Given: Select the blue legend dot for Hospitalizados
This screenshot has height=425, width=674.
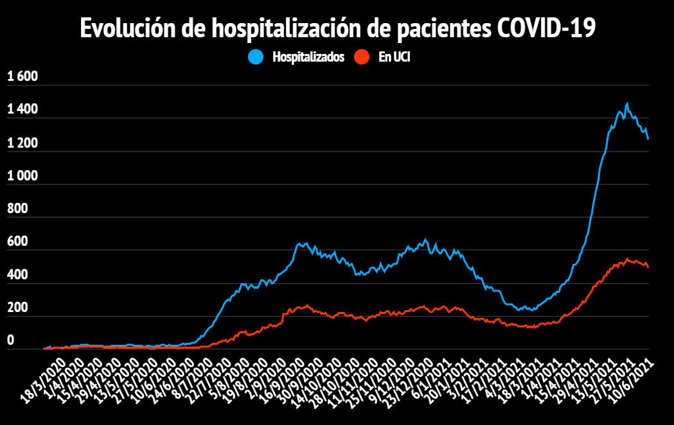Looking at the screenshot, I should pos(256,57).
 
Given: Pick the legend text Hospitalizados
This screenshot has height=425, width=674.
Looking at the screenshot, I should pos(308,57).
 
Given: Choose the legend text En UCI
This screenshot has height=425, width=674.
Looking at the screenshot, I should pos(394,57).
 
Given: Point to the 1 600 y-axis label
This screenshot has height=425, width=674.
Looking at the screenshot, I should pos(22,77).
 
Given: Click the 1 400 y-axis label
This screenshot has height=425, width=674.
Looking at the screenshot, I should pos(22,110).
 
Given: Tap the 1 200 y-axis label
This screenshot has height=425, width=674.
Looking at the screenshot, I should pos(22,143).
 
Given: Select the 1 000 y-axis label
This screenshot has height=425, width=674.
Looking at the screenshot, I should pos(22,176).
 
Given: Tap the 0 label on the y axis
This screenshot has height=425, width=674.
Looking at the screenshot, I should pos(10,341).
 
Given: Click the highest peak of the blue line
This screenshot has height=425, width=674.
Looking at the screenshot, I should pos(626,103).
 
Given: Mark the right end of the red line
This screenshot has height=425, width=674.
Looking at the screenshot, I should pos(648,266).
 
